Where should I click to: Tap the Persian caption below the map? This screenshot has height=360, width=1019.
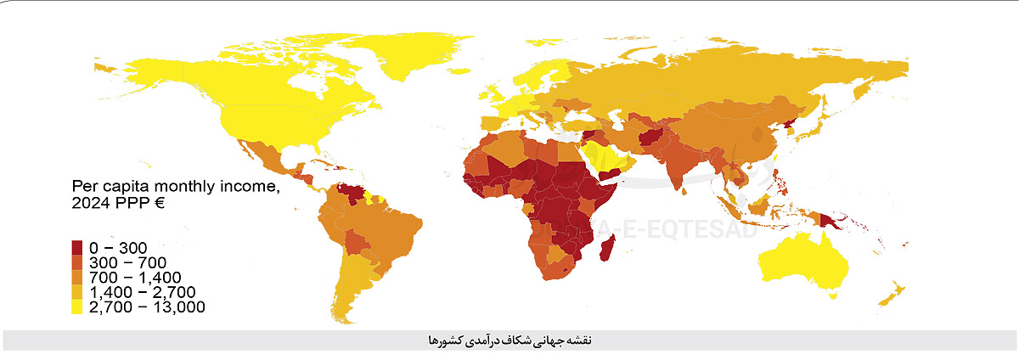point(509,340)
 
